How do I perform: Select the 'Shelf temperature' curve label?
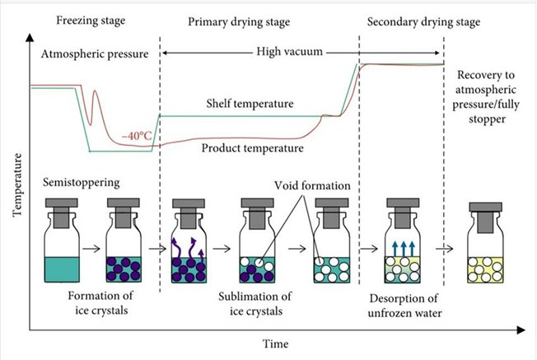(247, 105)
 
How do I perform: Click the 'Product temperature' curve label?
(252, 148)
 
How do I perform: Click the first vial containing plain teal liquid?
(63, 244)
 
